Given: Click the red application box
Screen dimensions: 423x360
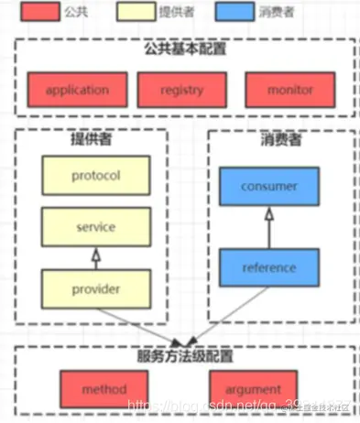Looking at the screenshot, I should point(77,91).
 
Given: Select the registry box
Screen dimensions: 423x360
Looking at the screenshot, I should point(180,91).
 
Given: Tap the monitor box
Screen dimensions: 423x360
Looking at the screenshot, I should point(290,91).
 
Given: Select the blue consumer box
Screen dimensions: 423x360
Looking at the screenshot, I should point(268,187).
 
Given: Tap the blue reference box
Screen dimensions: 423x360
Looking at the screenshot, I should point(268,268).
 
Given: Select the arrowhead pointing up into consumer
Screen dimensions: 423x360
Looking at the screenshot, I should point(268,213).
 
